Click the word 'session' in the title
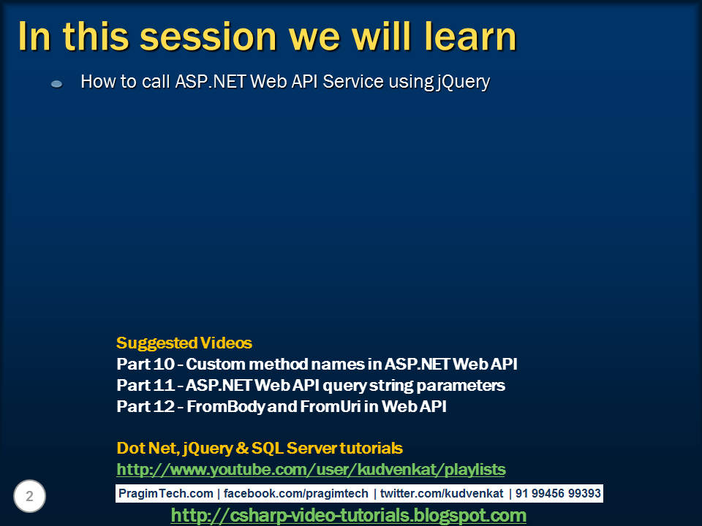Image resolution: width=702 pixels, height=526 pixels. (x=213, y=37)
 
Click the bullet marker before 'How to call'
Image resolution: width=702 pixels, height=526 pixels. (x=57, y=84)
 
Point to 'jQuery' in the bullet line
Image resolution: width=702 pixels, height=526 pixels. (x=463, y=82)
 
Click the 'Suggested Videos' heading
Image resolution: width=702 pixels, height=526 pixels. (x=184, y=343)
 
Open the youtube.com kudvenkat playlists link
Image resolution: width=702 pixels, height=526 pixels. (x=311, y=469)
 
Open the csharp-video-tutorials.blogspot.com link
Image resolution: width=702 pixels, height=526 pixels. (x=348, y=516)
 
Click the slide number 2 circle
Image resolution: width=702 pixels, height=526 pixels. (x=29, y=497)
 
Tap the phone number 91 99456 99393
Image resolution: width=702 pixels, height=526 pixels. (x=558, y=494)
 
